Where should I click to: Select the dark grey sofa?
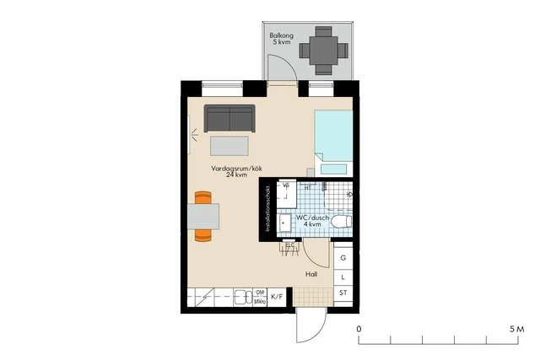(x=229, y=119)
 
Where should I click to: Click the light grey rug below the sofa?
(x=229, y=146)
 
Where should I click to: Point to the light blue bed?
(x=333, y=135)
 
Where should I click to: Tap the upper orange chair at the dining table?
(x=202, y=198)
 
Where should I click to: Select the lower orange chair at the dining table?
(x=202, y=236)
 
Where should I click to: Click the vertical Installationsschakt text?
(x=267, y=209)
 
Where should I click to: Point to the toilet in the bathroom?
(x=340, y=222)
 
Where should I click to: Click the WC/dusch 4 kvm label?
(x=312, y=222)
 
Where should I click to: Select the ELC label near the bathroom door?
(x=289, y=245)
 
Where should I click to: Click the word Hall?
(x=310, y=274)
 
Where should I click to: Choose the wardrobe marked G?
(x=343, y=259)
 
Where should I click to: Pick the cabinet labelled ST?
(x=343, y=293)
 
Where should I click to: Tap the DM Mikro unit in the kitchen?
(x=260, y=297)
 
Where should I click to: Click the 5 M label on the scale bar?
(x=516, y=328)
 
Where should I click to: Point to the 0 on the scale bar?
(x=359, y=328)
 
